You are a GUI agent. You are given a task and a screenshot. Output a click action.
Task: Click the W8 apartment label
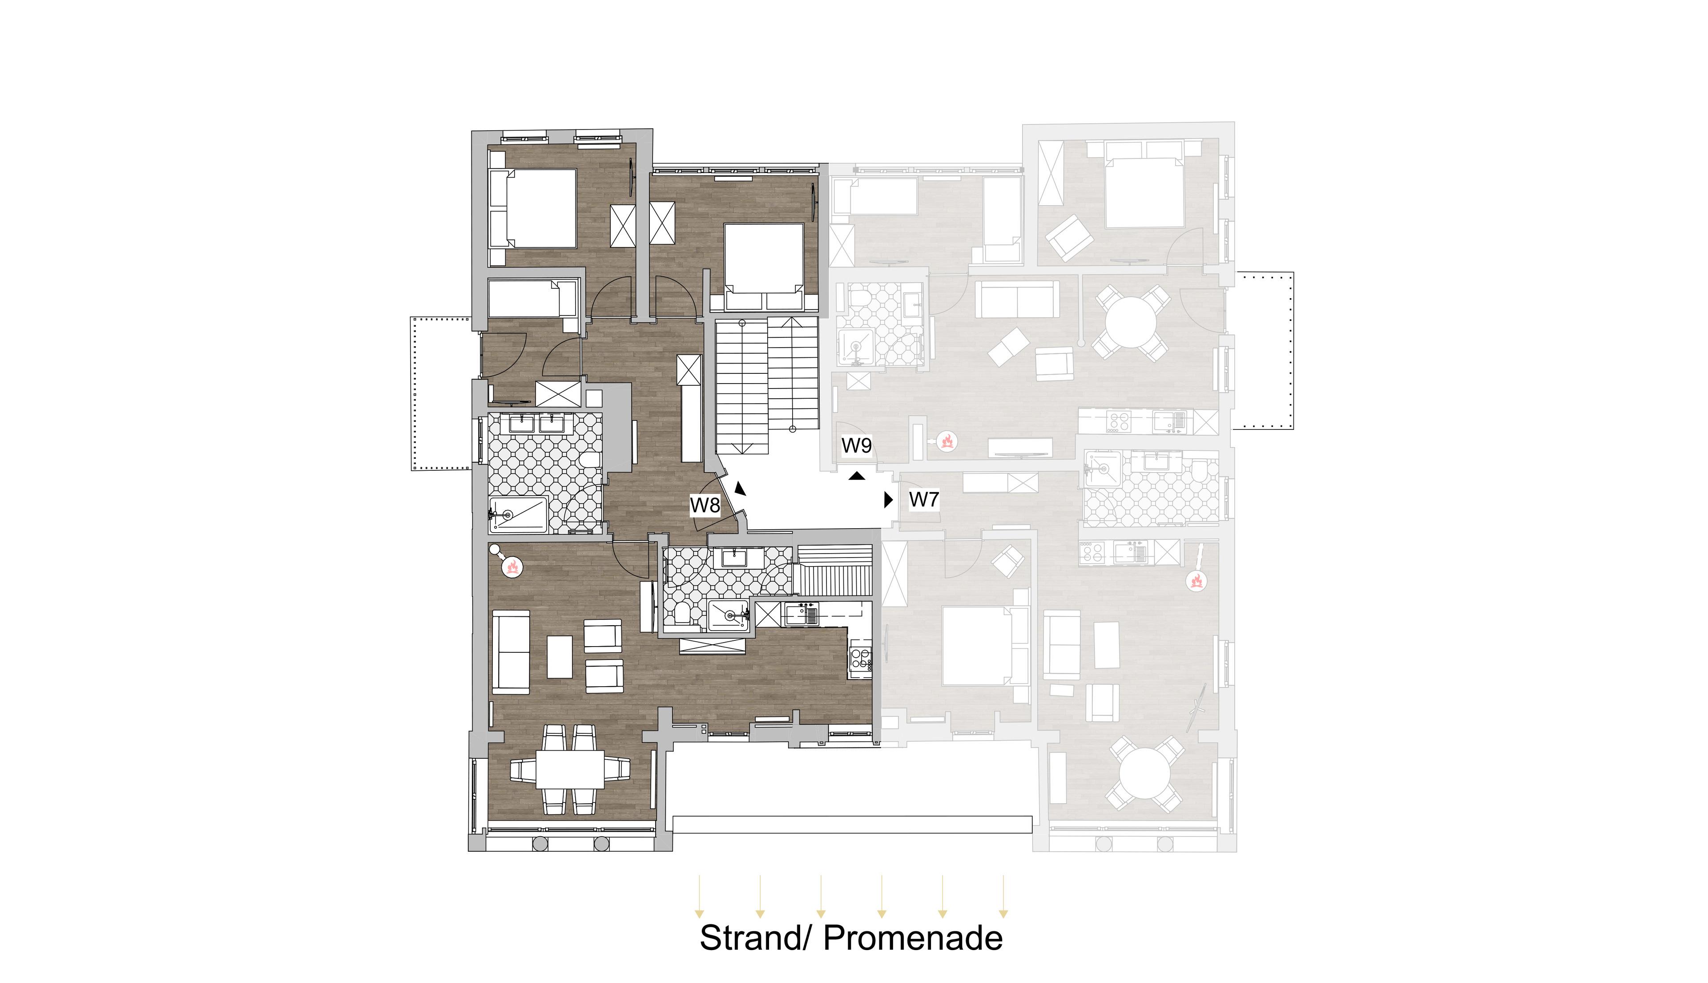click(705, 505)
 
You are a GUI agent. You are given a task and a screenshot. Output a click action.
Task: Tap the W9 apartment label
click(856, 445)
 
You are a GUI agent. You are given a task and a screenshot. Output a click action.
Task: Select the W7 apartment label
click(924, 500)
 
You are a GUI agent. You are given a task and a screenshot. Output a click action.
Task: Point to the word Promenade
click(913, 939)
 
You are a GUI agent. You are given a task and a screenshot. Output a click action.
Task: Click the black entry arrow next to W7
click(889, 500)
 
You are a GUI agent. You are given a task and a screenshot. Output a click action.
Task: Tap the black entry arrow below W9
click(856, 476)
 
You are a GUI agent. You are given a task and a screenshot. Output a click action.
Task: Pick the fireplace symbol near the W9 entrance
click(947, 441)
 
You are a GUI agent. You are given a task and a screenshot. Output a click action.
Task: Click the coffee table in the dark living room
click(560, 656)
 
